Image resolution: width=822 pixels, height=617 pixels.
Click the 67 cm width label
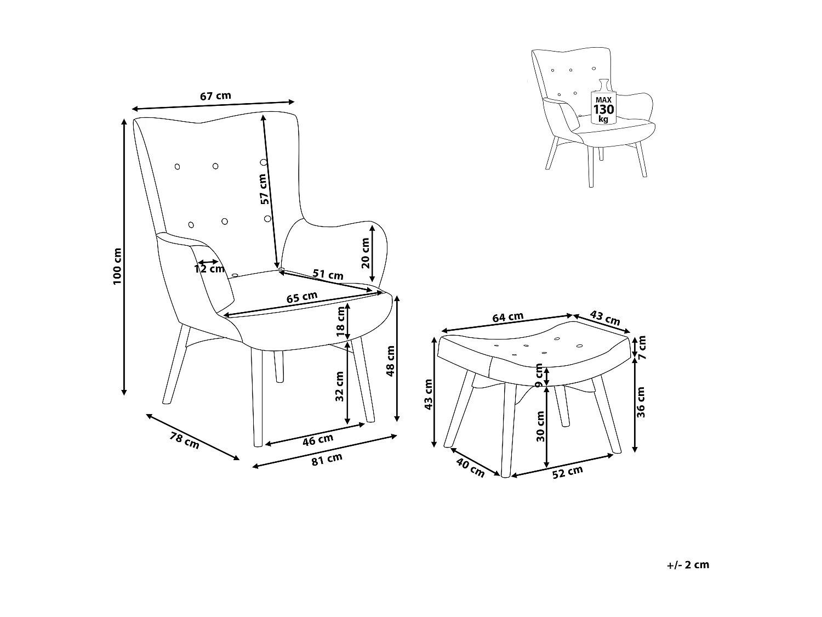point(215,96)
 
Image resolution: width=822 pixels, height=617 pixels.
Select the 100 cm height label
point(117,267)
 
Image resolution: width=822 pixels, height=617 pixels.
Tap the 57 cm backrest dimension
point(264,189)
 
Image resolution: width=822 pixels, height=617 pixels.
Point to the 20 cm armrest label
point(366,253)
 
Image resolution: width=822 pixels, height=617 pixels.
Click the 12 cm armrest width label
point(209,269)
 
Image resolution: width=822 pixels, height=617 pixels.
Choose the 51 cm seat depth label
point(328,275)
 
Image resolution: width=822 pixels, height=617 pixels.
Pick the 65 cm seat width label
point(302,297)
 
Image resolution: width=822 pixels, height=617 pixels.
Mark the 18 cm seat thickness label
point(341,322)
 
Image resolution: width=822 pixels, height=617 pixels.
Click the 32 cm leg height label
point(340,387)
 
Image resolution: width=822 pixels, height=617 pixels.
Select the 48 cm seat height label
point(391,361)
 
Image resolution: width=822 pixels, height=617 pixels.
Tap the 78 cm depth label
point(185,441)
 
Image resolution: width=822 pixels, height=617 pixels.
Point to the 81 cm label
point(327,460)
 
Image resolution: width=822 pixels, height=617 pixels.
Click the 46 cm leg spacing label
point(318,439)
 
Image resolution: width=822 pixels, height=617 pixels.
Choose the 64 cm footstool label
point(507,318)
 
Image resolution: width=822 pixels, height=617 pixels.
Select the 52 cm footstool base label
point(567,472)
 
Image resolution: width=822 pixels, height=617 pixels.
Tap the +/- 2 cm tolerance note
point(688,565)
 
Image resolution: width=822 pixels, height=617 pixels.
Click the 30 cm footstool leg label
point(540,427)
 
